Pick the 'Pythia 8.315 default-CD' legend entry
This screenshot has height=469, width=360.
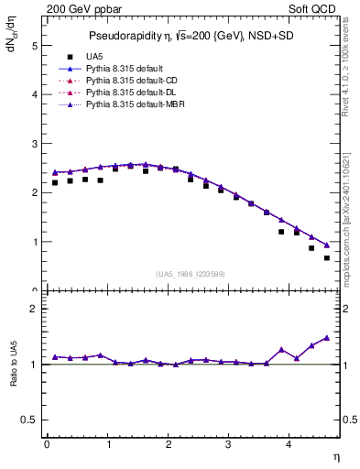coord(132,82)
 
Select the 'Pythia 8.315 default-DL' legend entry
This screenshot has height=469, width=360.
coord(132,93)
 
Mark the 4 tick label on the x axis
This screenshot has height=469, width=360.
coord(289,444)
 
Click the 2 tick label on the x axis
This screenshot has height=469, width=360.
coord(168,444)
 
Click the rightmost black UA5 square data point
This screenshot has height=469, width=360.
coord(326,257)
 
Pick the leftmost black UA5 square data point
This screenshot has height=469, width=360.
coord(55,182)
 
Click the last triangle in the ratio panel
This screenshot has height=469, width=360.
coord(326,337)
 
